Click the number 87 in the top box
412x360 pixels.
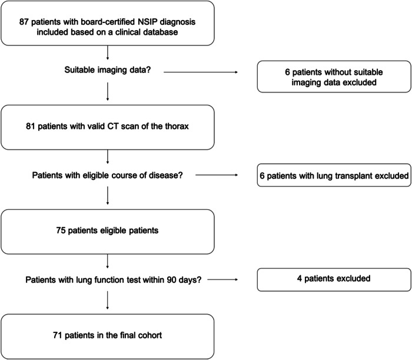pos(24,22)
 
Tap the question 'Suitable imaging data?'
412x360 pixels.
pos(108,70)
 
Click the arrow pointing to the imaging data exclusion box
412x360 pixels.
pos(201,72)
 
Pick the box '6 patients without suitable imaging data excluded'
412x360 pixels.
pos(334,77)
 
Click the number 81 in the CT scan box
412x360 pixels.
pos(30,126)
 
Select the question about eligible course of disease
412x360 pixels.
pos(108,176)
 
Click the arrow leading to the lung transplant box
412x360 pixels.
pos(217,175)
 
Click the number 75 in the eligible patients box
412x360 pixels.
pos(61,230)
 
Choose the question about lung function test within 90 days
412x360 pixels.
pos(114,280)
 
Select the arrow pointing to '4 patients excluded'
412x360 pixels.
pos(222,279)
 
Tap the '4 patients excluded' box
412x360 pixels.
pos(334,279)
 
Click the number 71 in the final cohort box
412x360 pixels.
pos(58,335)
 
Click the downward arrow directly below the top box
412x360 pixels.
pos(108,52)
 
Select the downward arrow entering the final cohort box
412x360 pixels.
pos(108,300)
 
